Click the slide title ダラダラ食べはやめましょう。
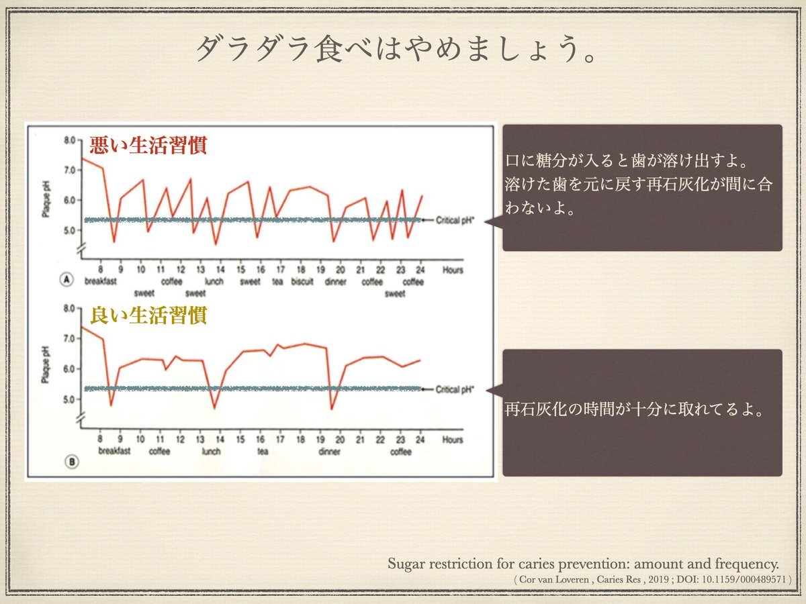point(396,50)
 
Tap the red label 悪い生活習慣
point(148,145)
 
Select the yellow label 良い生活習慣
point(148,315)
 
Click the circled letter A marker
point(66,280)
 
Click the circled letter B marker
point(72,461)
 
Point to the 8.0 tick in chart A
point(70,140)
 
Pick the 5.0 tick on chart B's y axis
point(69,399)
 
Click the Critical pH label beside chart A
point(455,220)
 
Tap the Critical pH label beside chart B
point(455,389)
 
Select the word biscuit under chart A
point(302,282)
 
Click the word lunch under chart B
point(211,451)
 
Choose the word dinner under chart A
point(336,282)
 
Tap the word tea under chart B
point(263,451)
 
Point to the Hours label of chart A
point(453,270)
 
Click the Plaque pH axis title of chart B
point(46,365)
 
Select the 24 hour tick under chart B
point(420,440)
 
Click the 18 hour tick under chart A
point(301,270)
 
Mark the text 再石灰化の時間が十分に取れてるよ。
point(635,409)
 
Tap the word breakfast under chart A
point(101,281)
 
